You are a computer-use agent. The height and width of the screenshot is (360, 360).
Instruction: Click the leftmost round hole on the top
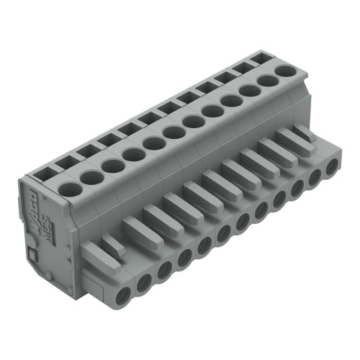(69, 189)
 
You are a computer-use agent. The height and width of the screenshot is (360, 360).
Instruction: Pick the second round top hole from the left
(91, 177)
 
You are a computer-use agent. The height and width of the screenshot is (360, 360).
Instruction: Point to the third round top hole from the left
(112, 166)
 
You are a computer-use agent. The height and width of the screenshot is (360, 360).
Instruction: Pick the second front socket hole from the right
(315, 180)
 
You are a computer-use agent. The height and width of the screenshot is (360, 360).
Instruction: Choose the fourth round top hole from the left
(132, 154)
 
